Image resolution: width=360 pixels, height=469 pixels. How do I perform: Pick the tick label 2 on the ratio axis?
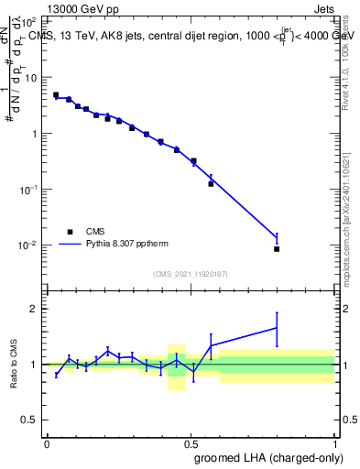(x=34, y=309)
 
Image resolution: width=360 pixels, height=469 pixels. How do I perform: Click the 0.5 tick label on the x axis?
(x=191, y=442)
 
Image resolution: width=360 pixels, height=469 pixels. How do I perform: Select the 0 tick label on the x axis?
(x=47, y=442)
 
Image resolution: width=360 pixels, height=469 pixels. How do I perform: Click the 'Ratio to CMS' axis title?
(x=13, y=365)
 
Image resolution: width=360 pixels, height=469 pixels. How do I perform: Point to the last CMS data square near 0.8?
(x=277, y=248)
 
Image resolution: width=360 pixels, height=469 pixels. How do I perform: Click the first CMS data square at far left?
(x=56, y=94)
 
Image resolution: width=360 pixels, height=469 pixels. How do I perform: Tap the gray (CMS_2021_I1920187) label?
(x=191, y=274)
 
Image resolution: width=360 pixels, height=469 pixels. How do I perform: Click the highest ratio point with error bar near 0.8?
(x=277, y=327)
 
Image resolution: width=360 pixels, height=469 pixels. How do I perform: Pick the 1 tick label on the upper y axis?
(x=34, y=134)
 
